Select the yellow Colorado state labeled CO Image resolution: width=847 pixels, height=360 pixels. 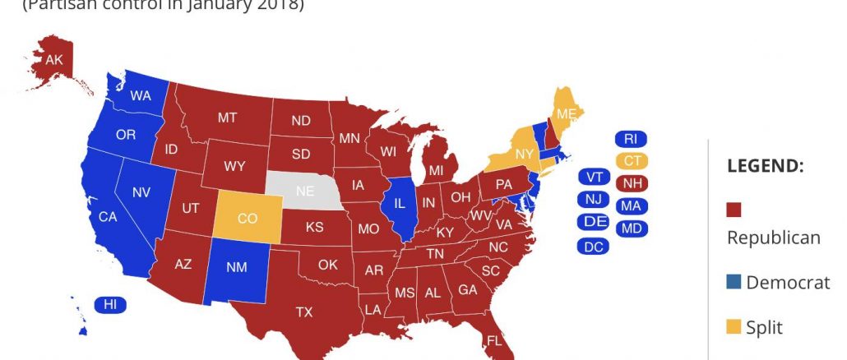tap(247, 219)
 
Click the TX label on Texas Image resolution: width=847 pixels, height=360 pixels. tap(304, 312)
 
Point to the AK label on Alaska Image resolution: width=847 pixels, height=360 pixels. tap(54, 59)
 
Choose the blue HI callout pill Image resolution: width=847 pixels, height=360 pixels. tap(109, 305)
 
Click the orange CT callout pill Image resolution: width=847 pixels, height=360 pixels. tap(632, 160)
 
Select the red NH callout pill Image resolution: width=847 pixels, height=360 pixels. tap(632, 182)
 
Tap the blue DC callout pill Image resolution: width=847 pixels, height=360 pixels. tap(593, 246)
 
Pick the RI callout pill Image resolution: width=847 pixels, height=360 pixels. tap(632, 138)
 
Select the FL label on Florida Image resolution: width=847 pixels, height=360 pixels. tap(495, 340)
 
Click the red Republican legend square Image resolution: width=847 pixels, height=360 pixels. tap(734, 210)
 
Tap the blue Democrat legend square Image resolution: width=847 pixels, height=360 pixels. tap(734, 283)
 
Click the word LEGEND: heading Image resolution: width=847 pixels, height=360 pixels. tap(765, 166)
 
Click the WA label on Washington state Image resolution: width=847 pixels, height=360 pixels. tap(141, 96)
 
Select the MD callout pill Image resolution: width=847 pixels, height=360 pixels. tap(632, 228)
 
